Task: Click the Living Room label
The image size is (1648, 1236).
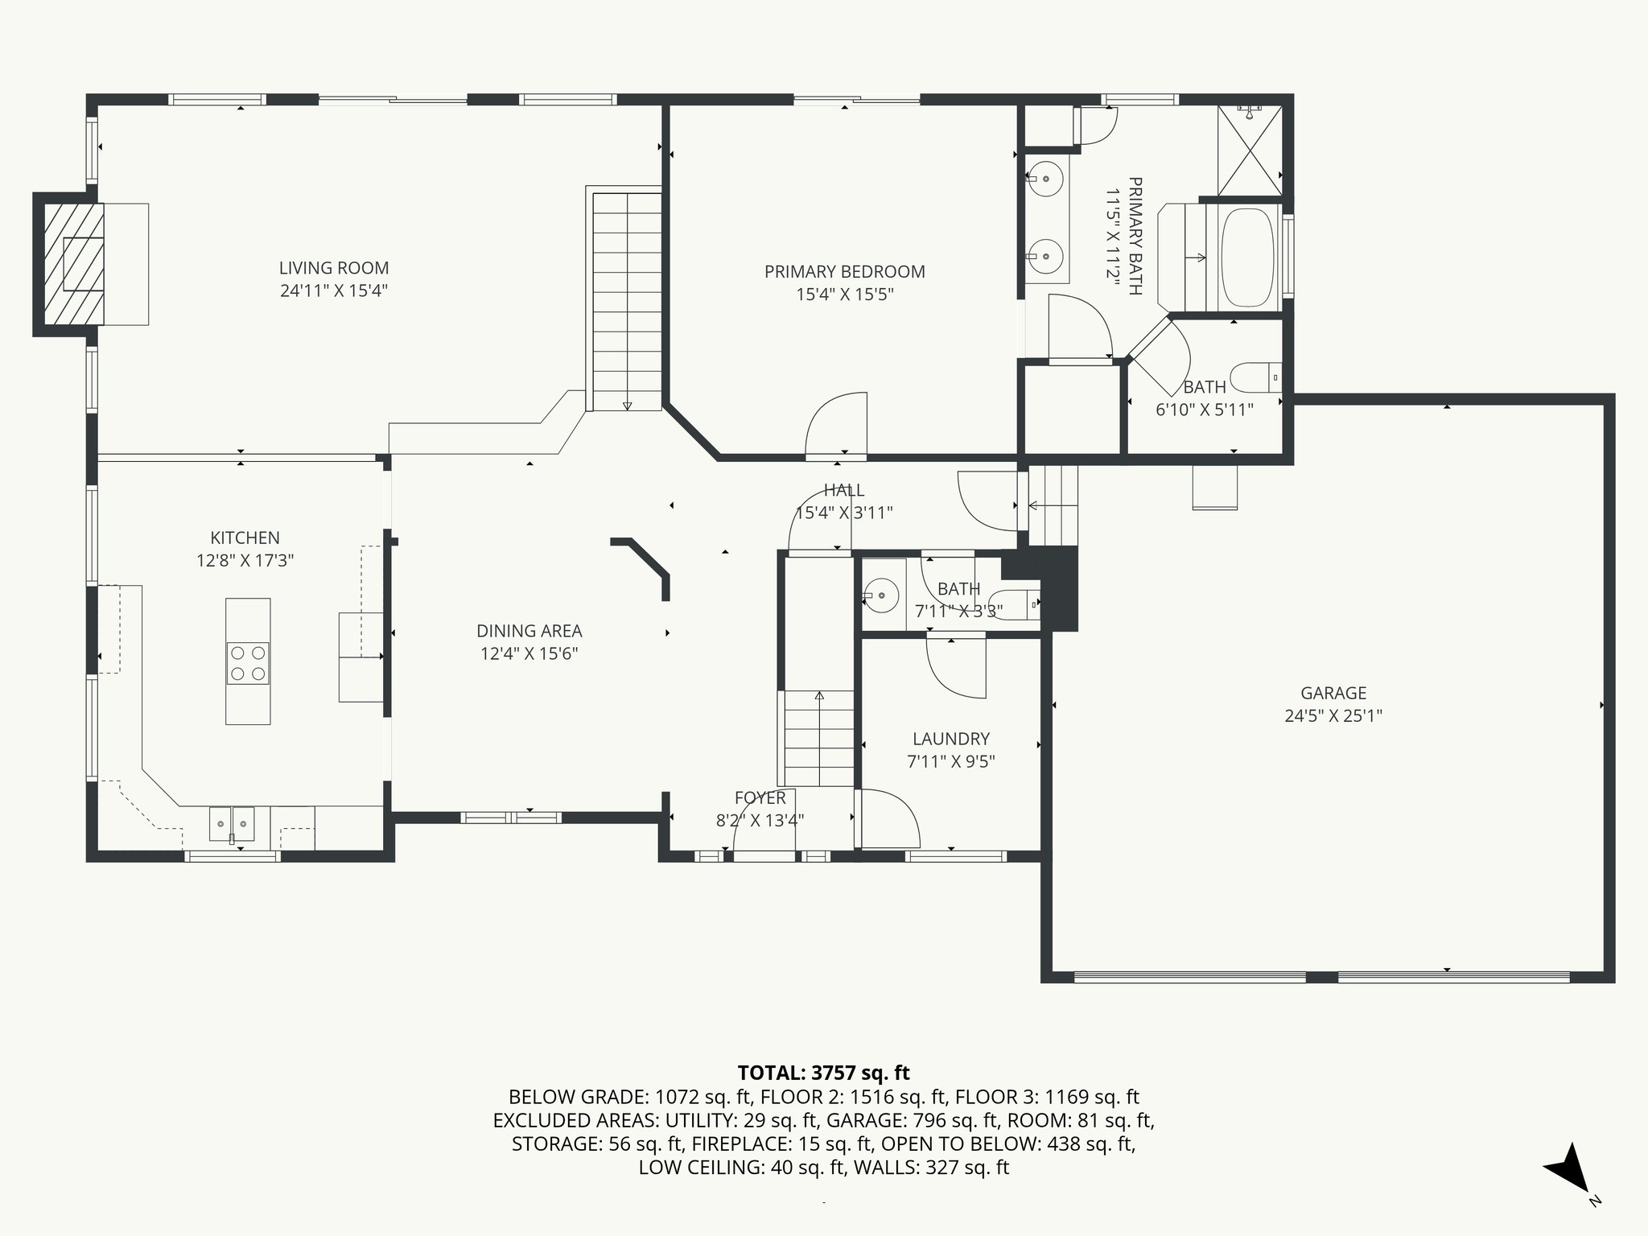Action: tap(334, 268)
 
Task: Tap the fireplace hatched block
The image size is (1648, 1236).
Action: tap(73, 264)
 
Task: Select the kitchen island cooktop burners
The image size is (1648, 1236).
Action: tap(248, 663)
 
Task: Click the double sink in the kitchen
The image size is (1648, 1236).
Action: tap(232, 826)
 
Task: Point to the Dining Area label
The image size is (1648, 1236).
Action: tap(529, 632)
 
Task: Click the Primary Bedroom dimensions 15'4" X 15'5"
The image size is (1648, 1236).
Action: tap(845, 295)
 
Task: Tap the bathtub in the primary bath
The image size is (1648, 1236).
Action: tap(1248, 257)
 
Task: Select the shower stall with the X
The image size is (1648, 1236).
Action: tap(1250, 150)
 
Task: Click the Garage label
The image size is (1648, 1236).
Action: tap(1333, 693)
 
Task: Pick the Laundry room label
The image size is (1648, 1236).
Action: tap(951, 739)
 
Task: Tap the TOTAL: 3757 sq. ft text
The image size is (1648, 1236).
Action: tap(823, 1073)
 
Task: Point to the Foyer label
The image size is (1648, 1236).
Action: tap(760, 798)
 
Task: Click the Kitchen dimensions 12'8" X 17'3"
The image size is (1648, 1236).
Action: tap(245, 561)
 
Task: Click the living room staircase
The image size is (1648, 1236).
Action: tap(627, 299)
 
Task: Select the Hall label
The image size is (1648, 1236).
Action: tap(844, 490)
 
